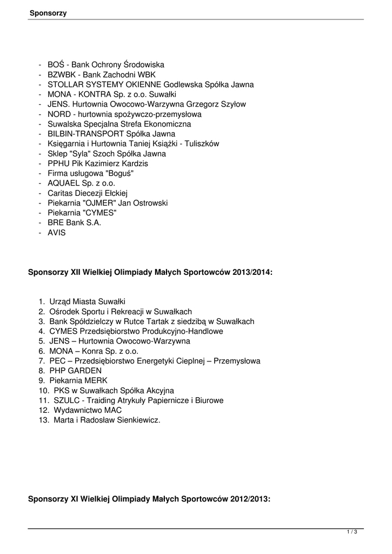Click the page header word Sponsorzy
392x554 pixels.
(x=48, y=12)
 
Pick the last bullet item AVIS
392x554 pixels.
(x=57, y=232)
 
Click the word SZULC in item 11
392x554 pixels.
(x=65, y=400)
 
